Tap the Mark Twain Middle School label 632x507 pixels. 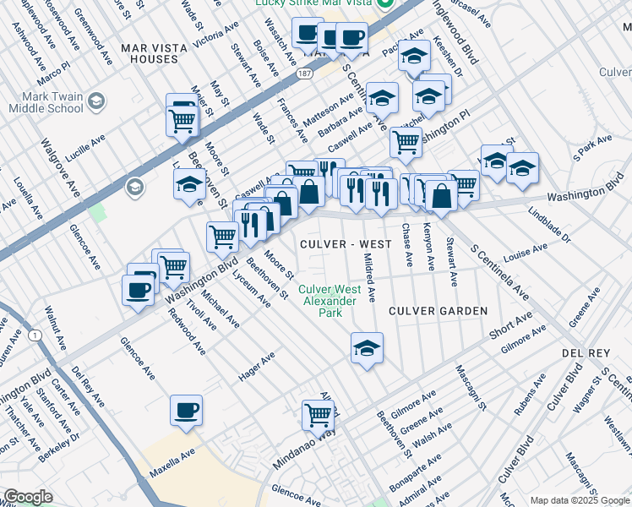point(46,102)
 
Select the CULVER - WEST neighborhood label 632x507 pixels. point(346,244)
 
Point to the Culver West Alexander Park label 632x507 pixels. point(330,301)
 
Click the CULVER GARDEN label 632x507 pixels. point(438,311)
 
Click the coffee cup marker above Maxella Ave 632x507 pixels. point(186,411)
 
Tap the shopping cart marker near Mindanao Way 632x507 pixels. point(319,415)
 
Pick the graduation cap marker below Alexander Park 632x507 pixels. point(367,346)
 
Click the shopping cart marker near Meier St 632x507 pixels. point(183,121)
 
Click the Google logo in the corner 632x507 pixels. point(27,497)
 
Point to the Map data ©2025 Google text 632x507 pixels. point(580,500)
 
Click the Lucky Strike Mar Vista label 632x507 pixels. point(317,5)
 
